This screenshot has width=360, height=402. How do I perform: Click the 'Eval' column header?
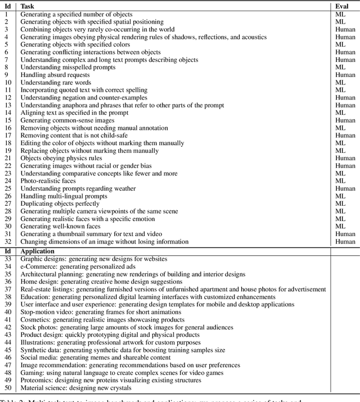coord(342,6)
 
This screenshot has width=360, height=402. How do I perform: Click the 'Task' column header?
coord(28,6)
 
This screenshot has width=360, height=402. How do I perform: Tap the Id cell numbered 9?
coord(7,75)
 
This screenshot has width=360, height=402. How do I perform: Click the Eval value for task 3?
coord(345,29)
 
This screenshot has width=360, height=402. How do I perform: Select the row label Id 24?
coord(8,182)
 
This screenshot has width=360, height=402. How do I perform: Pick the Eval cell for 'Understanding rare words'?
coord(340,83)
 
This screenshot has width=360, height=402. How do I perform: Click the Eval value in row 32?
coord(345,242)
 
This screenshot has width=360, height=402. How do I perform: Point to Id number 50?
coord(8,388)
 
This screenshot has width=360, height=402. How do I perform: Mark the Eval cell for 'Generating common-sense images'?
coord(345,120)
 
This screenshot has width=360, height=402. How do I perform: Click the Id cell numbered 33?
coord(8,259)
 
